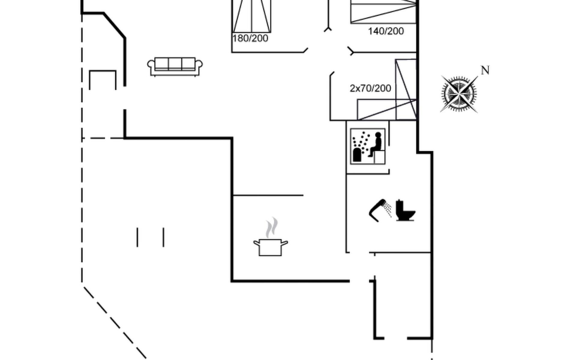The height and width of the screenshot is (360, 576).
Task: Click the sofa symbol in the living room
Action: click(x=175, y=67)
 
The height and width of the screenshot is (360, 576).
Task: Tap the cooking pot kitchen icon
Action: click(x=270, y=247)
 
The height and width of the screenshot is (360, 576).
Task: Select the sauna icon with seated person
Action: click(x=368, y=146)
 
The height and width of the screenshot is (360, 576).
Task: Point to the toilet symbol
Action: click(x=405, y=210)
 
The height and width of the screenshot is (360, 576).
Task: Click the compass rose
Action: click(x=459, y=94)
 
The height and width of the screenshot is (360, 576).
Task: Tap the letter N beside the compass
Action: click(x=485, y=70)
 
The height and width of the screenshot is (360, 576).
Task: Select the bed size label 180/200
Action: click(x=250, y=38)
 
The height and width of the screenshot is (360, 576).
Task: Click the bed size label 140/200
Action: click(x=386, y=31)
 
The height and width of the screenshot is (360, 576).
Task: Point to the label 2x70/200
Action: click(x=370, y=88)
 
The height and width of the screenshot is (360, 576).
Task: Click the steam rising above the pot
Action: click(x=272, y=227)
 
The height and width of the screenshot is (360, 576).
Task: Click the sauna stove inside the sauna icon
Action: click(x=357, y=155)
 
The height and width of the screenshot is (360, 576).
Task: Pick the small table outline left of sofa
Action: click(x=103, y=80)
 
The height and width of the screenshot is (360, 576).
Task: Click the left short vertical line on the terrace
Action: click(x=137, y=237)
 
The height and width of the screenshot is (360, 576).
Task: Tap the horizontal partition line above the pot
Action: click(x=268, y=195)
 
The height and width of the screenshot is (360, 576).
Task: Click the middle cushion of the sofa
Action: click(x=175, y=64)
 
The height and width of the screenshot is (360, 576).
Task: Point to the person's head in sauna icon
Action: click(x=378, y=135)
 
